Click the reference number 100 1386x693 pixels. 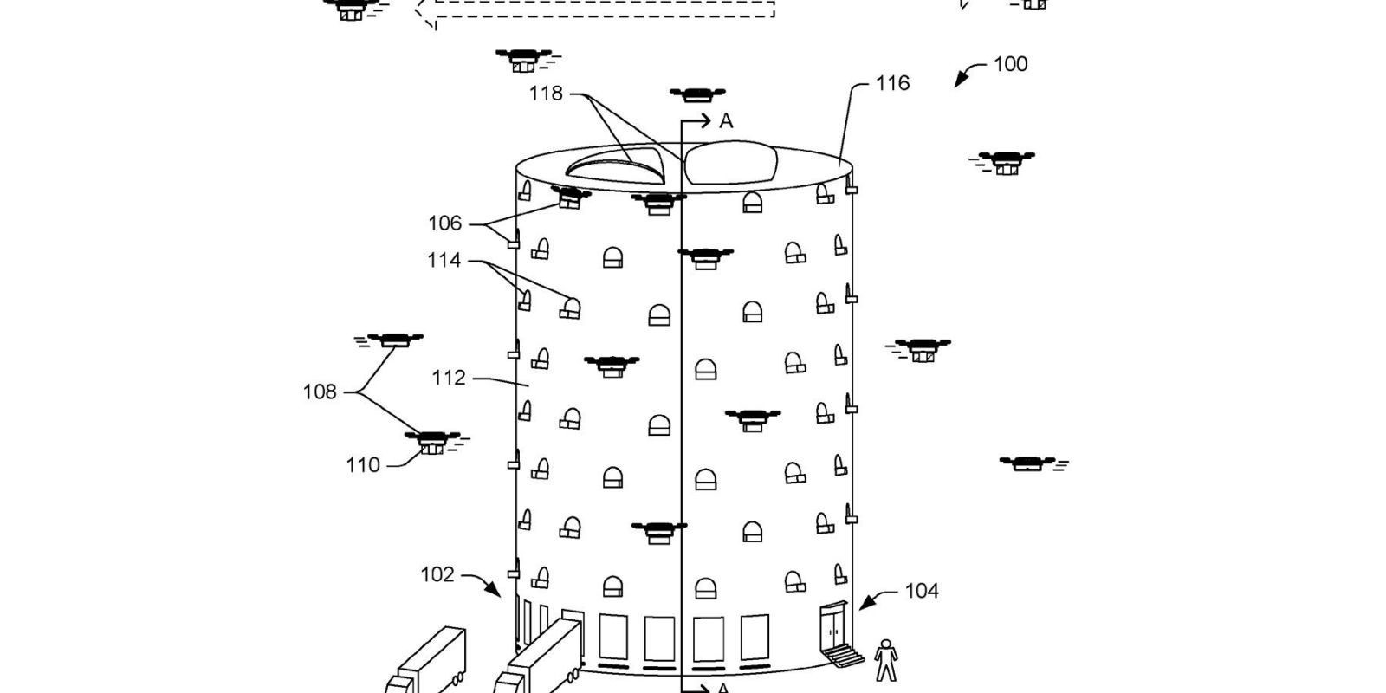point(1010,64)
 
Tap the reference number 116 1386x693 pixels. point(892,83)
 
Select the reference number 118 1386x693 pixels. point(546,94)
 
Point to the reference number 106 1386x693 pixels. point(445,223)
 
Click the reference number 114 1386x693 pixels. point(444,261)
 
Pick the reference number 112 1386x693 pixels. point(449,378)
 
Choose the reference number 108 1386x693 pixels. point(320,392)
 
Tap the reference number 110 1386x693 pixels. point(363,465)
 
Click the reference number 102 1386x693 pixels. point(437,575)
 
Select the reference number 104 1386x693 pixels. point(922,592)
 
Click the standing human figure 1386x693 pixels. point(886,660)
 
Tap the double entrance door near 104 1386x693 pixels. point(834,627)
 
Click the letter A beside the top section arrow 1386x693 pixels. point(726,121)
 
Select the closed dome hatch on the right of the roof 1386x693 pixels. point(730,162)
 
